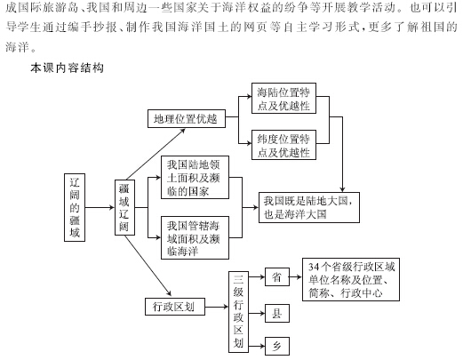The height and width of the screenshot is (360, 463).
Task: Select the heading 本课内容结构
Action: pyautogui.click(x=67, y=68)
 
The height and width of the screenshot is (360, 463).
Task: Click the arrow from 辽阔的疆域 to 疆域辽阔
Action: pyautogui.click(x=100, y=207)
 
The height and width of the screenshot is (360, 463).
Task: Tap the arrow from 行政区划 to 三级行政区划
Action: pyautogui.click(x=217, y=307)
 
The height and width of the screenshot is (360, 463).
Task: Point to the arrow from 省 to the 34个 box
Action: pyautogui.click(x=296, y=277)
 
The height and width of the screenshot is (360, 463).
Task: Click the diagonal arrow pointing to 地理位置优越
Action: pyautogui.click(x=156, y=154)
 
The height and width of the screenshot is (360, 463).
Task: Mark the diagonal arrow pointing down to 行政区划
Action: pyautogui.click(x=148, y=266)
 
